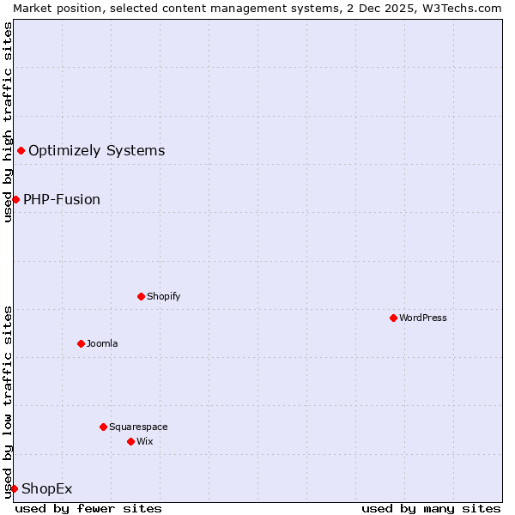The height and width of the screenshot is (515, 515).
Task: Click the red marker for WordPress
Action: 393,318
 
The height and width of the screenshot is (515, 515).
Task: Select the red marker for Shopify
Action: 141,296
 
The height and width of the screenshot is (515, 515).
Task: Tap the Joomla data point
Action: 81,343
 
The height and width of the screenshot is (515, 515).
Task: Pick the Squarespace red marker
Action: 103,427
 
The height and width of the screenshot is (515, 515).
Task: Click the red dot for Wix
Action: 130,441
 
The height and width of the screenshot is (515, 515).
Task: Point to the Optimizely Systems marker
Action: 21,151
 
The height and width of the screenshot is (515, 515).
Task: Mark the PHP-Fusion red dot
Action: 15,199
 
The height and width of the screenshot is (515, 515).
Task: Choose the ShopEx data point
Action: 14,488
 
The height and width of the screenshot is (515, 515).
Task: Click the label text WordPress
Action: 423,318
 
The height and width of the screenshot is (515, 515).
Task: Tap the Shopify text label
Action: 163,296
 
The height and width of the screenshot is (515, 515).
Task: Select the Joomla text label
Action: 102,343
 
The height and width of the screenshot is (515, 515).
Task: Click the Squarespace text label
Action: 138,427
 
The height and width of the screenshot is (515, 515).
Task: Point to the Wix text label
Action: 144,441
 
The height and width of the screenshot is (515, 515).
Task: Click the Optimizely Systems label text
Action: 96,151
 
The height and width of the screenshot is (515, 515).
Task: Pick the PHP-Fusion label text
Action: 62,199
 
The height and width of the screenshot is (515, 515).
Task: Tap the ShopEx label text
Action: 47,489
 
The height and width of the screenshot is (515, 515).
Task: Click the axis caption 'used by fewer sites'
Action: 88,508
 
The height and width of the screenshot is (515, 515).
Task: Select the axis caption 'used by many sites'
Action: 431,508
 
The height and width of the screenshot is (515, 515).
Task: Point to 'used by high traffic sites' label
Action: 8,122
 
